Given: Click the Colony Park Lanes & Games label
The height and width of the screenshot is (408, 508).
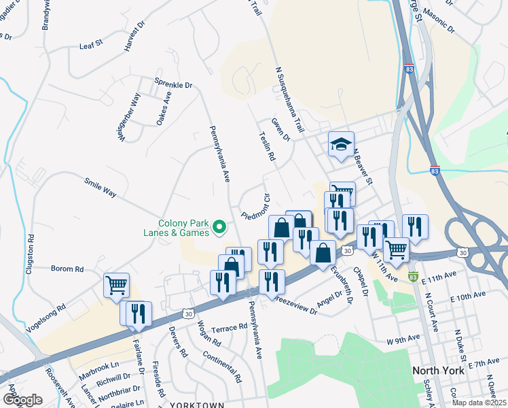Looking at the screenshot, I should [x=183, y=230].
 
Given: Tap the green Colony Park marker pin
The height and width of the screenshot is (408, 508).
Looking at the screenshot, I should [x=219, y=226].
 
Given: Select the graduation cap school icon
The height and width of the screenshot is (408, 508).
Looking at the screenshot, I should [x=341, y=144].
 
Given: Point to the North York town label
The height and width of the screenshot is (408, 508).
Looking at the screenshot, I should [x=439, y=371].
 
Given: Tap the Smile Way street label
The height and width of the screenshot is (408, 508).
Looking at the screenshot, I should [x=101, y=188].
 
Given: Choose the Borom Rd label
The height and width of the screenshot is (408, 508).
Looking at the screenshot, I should [x=67, y=269].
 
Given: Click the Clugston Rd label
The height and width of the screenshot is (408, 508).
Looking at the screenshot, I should [x=30, y=254].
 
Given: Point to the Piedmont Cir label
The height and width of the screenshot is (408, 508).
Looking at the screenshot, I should [x=256, y=207].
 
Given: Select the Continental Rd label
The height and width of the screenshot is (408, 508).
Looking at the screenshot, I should [x=221, y=365].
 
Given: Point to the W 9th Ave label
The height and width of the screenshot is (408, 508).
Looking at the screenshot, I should [x=401, y=340].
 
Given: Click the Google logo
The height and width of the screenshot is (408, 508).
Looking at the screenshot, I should [x=22, y=400].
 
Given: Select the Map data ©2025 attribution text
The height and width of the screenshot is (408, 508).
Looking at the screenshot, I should [x=479, y=403].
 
